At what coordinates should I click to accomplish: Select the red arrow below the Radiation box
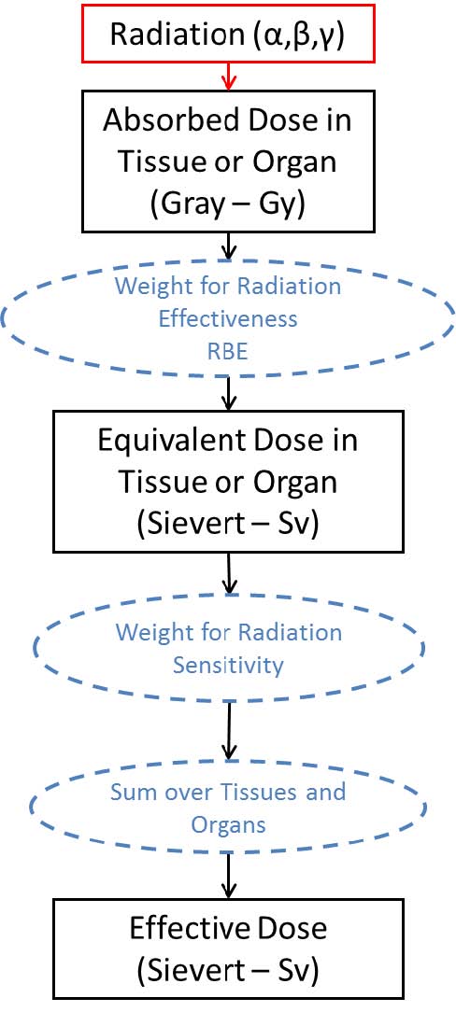coord(227,77)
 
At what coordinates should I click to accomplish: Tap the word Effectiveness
coord(227,318)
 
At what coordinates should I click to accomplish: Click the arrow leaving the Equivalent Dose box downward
coord(228,572)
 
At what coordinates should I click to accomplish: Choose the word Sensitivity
coord(227,665)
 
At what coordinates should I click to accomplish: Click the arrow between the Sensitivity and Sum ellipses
coord(227,727)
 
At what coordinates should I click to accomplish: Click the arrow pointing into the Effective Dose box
coord(227,874)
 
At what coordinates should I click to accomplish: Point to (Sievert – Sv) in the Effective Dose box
coord(227,970)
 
